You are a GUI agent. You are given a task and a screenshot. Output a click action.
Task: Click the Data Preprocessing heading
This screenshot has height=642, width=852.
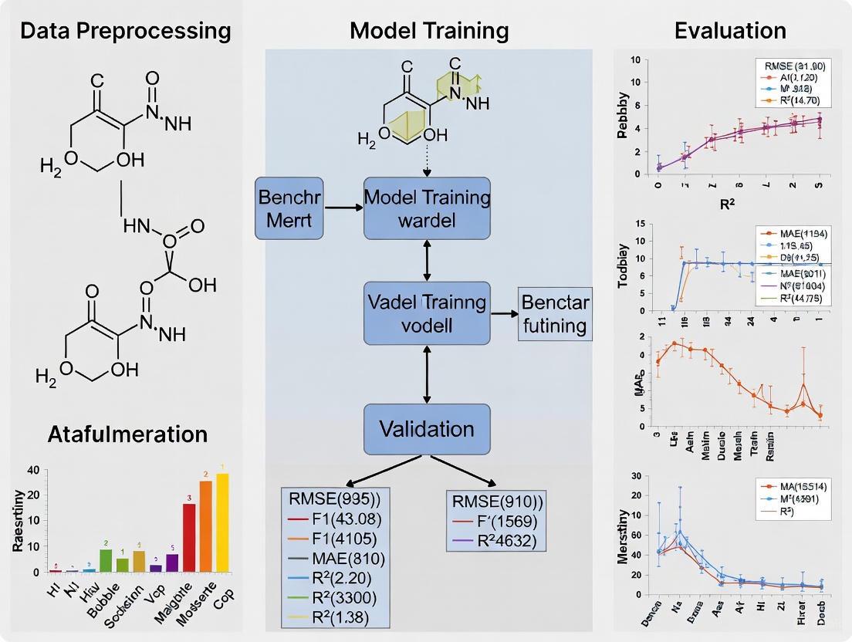(x=125, y=31)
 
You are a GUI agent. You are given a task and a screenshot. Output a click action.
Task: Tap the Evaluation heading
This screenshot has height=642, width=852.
(x=730, y=31)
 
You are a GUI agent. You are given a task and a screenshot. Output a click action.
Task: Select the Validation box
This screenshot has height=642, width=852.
(x=427, y=429)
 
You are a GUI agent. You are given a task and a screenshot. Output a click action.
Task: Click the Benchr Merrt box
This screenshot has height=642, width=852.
(x=289, y=208)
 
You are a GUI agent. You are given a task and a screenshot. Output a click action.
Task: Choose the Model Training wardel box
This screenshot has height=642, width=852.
(x=427, y=208)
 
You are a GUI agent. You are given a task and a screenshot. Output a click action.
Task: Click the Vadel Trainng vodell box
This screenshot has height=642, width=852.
(x=427, y=313)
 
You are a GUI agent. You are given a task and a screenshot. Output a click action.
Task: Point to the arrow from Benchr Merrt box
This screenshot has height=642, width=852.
(x=344, y=208)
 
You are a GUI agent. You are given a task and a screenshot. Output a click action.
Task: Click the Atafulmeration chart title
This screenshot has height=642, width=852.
(x=127, y=434)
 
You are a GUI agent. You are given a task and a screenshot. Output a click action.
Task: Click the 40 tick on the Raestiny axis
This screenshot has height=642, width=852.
(x=32, y=471)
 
